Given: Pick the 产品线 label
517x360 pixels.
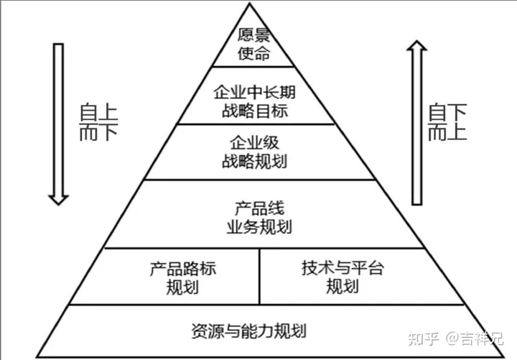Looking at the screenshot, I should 259,209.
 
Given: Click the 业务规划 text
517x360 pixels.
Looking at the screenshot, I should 259,227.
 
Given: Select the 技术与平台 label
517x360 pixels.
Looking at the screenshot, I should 343,269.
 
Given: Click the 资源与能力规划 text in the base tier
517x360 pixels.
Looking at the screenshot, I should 249,331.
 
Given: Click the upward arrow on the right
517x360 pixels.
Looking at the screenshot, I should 416,122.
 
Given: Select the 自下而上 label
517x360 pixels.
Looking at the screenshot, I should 446,122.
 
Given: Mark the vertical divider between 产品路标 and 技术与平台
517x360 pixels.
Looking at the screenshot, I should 259,276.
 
